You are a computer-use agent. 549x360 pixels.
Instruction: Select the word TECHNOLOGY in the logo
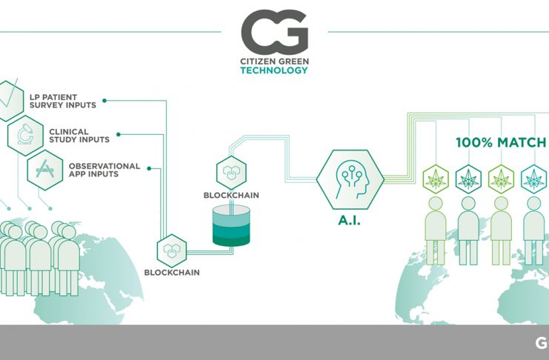pos(274,70)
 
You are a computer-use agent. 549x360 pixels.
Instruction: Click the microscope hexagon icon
pos(25,134)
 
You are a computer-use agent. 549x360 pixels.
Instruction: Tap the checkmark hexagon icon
pos(10,101)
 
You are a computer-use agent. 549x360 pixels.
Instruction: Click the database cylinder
pos(233,226)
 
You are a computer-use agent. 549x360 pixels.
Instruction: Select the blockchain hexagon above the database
pos(232,172)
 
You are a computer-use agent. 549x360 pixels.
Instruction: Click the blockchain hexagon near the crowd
pos(171,250)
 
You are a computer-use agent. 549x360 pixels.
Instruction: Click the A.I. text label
pos(348,221)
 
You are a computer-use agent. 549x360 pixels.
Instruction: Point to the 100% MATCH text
pos(501,141)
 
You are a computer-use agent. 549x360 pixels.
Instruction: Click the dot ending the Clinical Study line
pos(119,135)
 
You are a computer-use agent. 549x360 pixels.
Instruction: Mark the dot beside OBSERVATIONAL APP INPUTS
pos(149,169)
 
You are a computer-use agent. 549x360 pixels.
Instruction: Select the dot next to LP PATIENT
pos(104,100)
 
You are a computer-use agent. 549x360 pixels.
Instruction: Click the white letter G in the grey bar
pos(542,344)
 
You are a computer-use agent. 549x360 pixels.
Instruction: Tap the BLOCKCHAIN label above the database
pos(231,195)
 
